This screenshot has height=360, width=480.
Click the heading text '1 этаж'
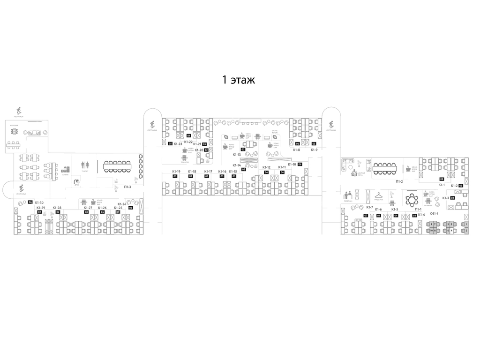click(x=239, y=80)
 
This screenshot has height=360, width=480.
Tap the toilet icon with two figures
click(x=85, y=165)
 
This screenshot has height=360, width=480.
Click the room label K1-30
click(x=39, y=202)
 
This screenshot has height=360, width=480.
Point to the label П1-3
click(x=127, y=187)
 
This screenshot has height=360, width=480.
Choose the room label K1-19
click(x=176, y=172)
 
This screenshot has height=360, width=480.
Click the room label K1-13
click(x=237, y=154)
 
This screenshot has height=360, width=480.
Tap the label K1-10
click(x=292, y=164)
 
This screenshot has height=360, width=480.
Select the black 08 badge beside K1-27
click(x=86, y=212)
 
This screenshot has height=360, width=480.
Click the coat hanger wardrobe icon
click(x=378, y=196)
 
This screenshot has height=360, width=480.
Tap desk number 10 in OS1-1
click(x=431, y=231)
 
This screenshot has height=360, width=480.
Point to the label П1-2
click(x=399, y=181)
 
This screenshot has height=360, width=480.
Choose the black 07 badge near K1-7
click(x=366, y=216)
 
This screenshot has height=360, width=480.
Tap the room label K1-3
click(x=445, y=198)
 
